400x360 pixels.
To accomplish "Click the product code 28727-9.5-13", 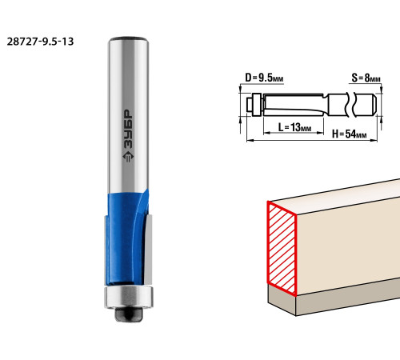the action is click(x=40, y=42).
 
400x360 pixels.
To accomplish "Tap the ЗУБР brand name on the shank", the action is click(x=128, y=130).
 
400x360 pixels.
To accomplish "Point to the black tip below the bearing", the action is click(x=129, y=314).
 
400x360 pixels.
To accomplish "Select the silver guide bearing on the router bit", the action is click(x=129, y=298).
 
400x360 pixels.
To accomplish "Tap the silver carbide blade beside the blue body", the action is click(x=148, y=250).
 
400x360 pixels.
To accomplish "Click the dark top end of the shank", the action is click(x=128, y=39).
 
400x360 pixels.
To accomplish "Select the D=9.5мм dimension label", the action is click(x=264, y=78).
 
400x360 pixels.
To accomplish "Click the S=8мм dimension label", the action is click(x=366, y=78).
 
